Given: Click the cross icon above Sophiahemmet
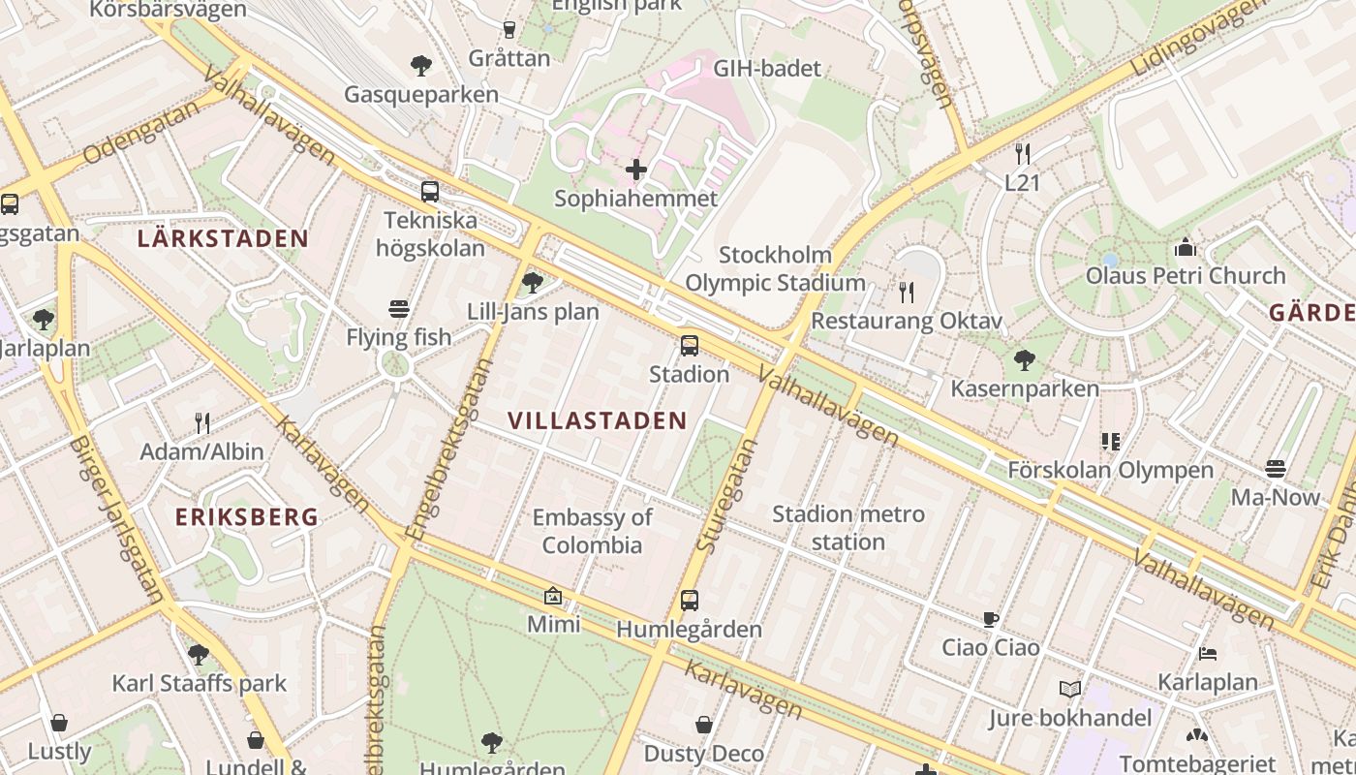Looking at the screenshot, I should [x=636, y=170].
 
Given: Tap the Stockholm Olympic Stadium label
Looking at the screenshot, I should [x=775, y=269].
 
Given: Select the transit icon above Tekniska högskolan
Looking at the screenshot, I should [x=429, y=191].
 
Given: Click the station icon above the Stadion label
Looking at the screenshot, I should [x=690, y=345].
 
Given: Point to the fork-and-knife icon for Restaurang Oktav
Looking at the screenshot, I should [x=907, y=292].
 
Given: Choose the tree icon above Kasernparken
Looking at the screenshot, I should [x=1024, y=360].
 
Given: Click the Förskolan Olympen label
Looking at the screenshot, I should [x=1111, y=471].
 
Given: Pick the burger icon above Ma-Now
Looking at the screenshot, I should [x=1276, y=469].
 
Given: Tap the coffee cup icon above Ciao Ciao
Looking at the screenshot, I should [x=991, y=619].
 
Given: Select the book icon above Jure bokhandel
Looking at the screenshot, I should [x=1069, y=690].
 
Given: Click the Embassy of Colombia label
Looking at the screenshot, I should [x=593, y=531].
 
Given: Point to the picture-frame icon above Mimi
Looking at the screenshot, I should [x=553, y=596].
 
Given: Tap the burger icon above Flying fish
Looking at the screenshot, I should [x=399, y=309].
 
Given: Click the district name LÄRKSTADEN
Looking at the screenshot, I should [x=223, y=238].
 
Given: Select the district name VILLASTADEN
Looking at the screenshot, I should [x=598, y=420].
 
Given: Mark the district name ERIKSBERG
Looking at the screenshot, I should [x=247, y=517].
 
